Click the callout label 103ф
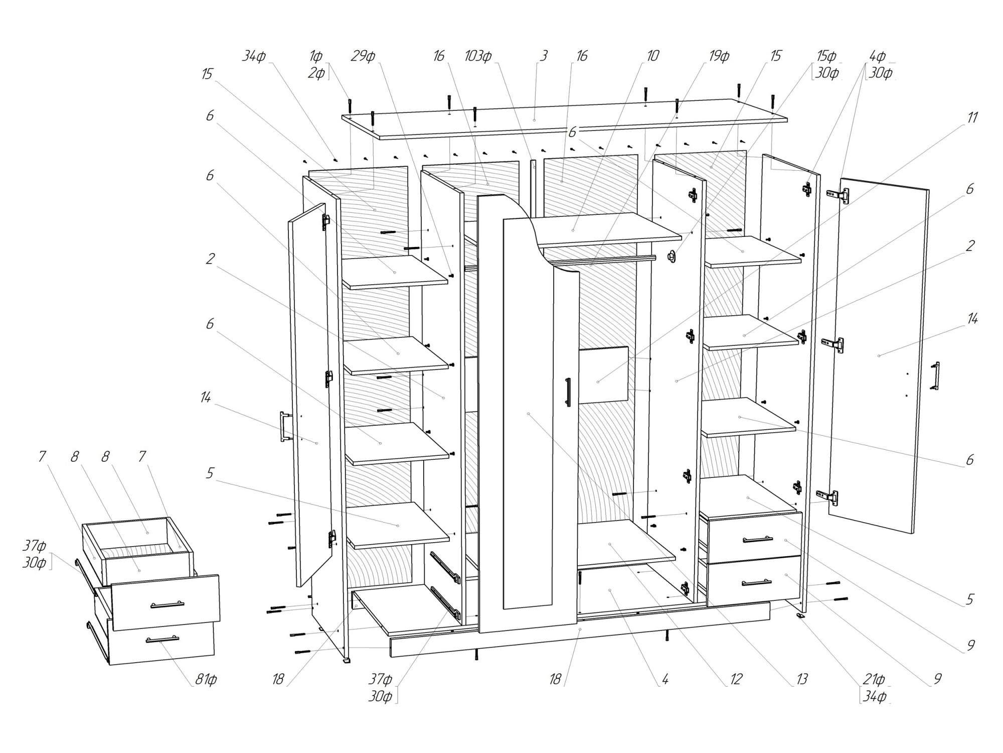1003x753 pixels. pyautogui.click(x=477, y=56)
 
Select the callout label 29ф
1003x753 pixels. pyautogui.click(x=363, y=56)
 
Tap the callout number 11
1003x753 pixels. pyautogui.click(x=972, y=118)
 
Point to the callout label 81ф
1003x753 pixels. pyautogui.click(x=206, y=680)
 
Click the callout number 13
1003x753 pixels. pyautogui.click(x=802, y=680)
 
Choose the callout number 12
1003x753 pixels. pyautogui.click(x=736, y=680)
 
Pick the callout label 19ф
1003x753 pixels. pyautogui.click(x=719, y=56)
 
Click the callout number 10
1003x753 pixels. pyautogui.click(x=652, y=56)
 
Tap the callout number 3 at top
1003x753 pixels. pyautogui.click(x=544, y=56)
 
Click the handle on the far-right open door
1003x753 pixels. pyautogui.click(x=936, y=375)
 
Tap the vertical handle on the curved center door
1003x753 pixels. pyautogui.click(x=568, y=392)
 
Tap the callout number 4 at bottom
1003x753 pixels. pyautogui.click(x=665, y=680)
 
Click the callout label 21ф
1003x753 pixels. pyautogui.click(x=873, y=680)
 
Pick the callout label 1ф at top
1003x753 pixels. pyautogui.click(x=315, y=56)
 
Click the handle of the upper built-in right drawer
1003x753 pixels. pyautogui.click(x=758, y=540)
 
